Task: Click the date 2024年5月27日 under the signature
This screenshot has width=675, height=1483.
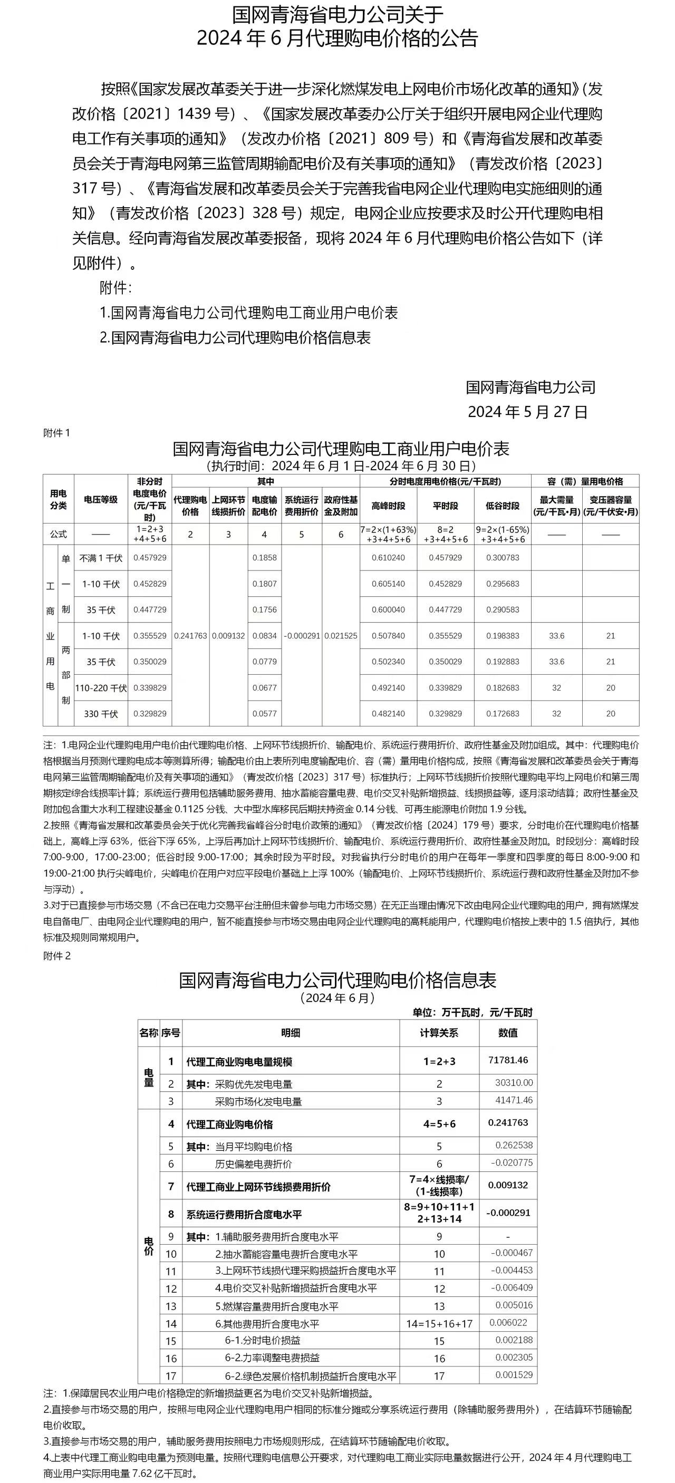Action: (x=527, y=412)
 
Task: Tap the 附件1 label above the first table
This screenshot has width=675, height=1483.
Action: (x=56, y=433)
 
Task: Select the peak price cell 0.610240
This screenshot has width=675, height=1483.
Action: (x=388, y=558)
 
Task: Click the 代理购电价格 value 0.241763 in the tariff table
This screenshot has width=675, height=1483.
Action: (x=190, y=636)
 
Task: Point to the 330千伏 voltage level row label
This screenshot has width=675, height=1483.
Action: (x=101, y=714)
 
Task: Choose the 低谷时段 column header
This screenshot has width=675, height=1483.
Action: (x=502, y=506)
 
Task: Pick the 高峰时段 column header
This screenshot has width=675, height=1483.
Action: (x=388, y=506)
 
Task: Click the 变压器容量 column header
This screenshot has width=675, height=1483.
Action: (x=611, y=506)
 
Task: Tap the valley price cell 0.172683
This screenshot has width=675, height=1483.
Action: (x=502, y=714)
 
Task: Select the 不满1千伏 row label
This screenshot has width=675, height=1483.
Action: (x=101, y=558)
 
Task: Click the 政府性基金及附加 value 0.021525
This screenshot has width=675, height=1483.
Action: (x=341, y=636)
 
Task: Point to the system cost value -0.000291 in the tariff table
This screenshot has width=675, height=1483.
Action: (x=302, y=636)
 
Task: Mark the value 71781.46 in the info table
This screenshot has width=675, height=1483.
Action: (x=508, y=1060)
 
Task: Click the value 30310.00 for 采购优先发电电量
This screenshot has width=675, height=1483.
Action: (x=514, y=1083)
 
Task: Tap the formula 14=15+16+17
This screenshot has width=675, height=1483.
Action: (x=439, y=1324)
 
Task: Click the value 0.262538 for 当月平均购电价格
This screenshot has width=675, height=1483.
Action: (x=514, y=1146)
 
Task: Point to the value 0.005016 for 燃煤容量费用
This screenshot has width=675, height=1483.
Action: (x=514, y=1305)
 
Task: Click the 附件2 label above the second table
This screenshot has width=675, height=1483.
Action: (x=56, y=956)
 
